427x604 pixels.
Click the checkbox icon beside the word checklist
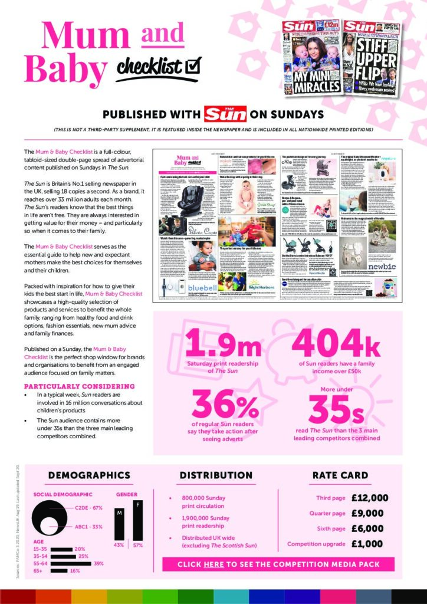[x=193, y=65]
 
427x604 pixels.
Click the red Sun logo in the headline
[x=225, y=114]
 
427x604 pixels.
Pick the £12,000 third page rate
[x=370, y=498]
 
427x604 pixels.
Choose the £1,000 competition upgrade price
[x=370, y=544]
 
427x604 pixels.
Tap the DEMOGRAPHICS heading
[x=89, y=475]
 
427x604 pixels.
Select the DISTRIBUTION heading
[x=216, y=475]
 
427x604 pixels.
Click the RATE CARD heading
[x=340, y=475]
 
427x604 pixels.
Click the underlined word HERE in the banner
[x=213, y=564]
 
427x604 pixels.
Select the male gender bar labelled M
[x=119, y=525]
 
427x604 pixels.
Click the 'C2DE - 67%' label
[x=89, y=508]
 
